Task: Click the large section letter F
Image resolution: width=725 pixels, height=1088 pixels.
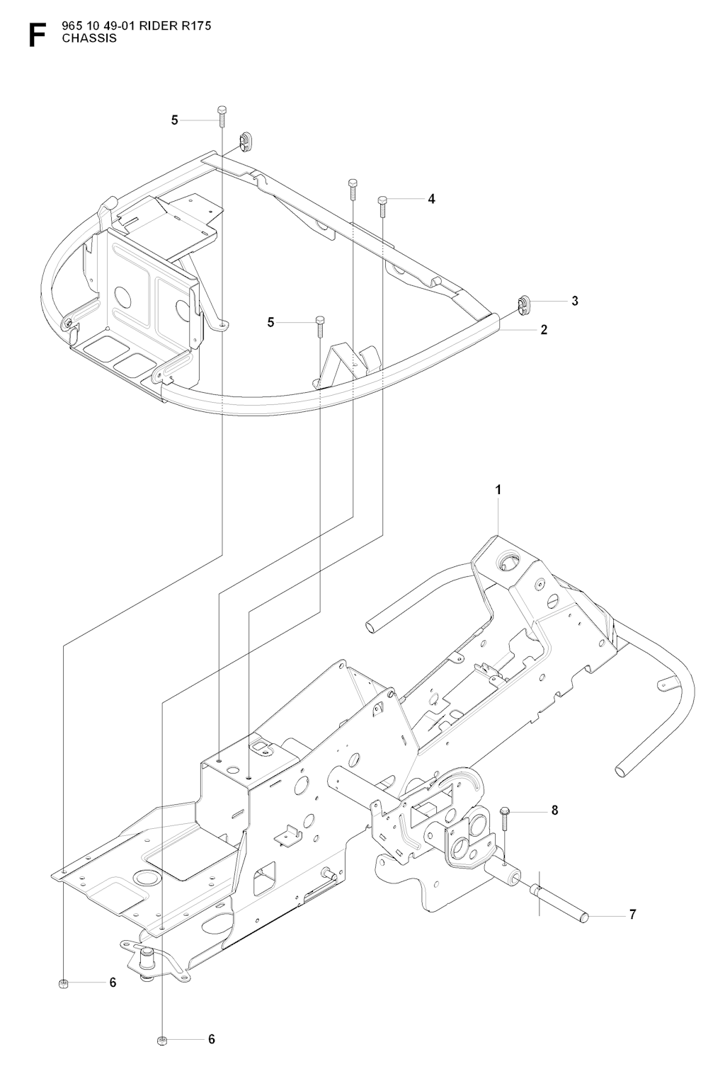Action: click(38, 35)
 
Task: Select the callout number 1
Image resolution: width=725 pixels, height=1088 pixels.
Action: click(498, 490)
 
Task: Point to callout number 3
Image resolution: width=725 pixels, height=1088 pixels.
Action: click(575, 301)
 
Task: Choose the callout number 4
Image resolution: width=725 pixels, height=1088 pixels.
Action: click(431, 199)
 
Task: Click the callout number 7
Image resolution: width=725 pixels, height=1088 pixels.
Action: click(632, 914)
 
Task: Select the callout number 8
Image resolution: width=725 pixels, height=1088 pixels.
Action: click(554, 811)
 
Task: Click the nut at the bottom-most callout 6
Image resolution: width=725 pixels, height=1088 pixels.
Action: click(162, 1039)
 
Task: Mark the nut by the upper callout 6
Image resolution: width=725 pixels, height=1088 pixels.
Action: click(63, 983)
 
